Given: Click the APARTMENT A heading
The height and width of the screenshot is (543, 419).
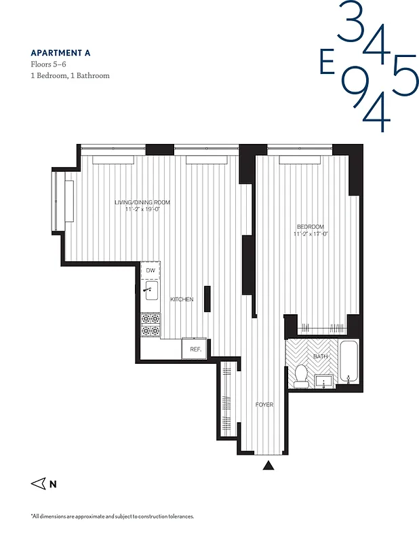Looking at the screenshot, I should [61, 52].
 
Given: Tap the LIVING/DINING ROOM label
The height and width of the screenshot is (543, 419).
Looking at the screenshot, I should [142, 202].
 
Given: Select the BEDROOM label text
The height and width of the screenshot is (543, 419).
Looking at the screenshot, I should [310, 227].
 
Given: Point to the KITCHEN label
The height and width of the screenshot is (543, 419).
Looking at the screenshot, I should [182, 299].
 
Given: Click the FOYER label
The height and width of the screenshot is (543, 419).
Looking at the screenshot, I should [264, 405].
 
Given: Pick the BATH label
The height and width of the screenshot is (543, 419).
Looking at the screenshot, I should [321, 356].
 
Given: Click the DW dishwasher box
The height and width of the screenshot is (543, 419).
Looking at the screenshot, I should [151, 271].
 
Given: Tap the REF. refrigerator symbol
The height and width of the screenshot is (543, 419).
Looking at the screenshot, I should [195, 349].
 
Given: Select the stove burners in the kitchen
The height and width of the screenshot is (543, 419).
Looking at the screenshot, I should [151, 324].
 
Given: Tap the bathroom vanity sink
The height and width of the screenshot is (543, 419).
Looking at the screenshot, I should [324, 381].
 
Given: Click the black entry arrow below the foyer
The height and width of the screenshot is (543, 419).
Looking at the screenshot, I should [269, 465].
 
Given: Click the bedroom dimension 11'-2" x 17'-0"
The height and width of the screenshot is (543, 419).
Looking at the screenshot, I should [311, 234].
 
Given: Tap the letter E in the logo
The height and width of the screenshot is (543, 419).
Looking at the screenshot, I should [327, 62].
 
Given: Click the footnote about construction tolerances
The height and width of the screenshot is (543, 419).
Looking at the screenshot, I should [112, 517].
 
